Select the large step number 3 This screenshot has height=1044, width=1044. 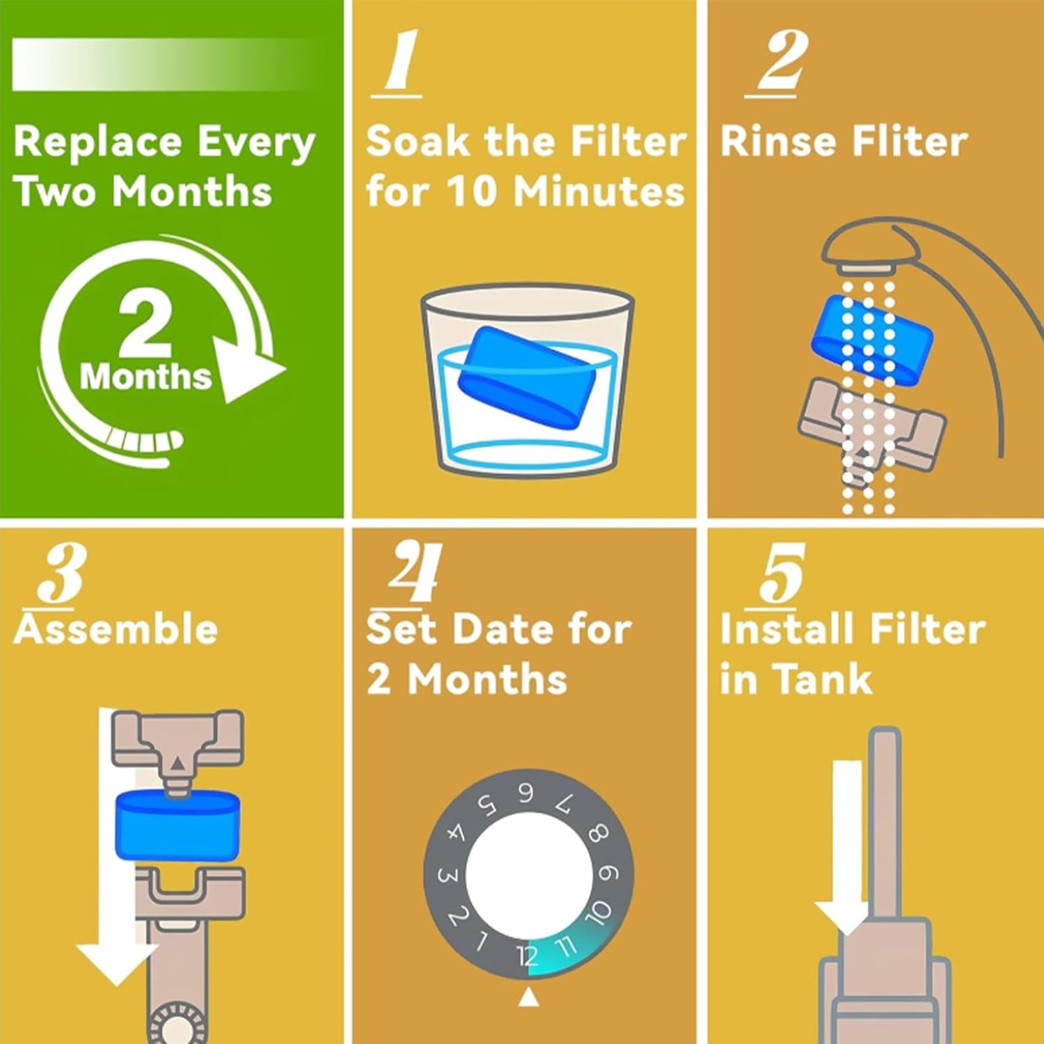click(x=61, y=575)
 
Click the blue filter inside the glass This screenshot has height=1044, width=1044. click(x=526, y=374)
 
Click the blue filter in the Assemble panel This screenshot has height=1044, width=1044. click(x=177, y=825)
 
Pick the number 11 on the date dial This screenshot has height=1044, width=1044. click(x=566, y=946)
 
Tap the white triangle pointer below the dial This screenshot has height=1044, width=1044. click(x=528, y=997)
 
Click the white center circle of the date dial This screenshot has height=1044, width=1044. click(x=528, y=875)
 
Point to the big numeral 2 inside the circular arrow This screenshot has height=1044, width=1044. click(x=145, y=323)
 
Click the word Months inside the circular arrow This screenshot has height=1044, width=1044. click(x=145, y=377)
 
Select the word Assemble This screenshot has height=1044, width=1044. click(x=116, y=628)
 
